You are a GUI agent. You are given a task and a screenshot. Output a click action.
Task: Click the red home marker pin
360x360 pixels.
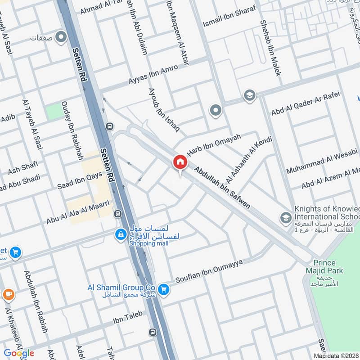pos(180,162)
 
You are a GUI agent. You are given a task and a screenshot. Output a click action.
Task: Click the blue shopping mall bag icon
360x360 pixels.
pos(121,234)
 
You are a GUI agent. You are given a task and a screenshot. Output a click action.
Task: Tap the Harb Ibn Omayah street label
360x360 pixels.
pos(214,144)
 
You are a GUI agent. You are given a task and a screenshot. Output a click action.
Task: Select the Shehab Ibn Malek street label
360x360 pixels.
pos(270,47)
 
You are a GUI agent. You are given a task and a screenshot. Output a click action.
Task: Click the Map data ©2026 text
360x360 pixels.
pos(337,356)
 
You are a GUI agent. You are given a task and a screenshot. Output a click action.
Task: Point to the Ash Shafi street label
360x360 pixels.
pos(22,168)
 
